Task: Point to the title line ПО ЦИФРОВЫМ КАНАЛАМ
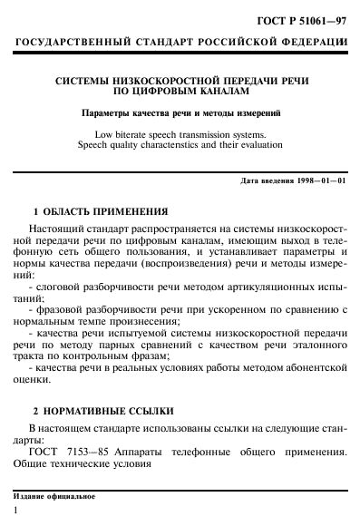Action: [x=180, y=93]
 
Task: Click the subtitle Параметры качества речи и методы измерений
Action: [x=180, y=113]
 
